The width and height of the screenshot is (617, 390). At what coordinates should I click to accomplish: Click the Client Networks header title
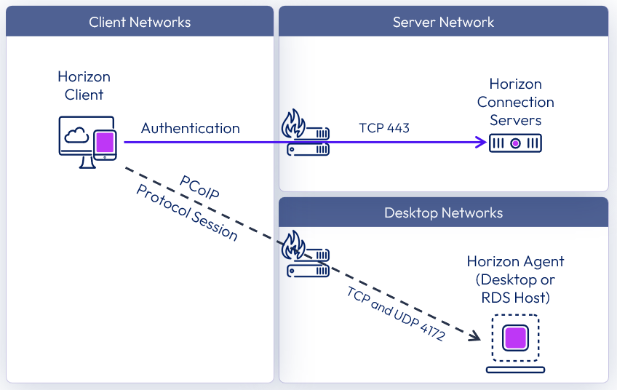pyautogui.click(x=140, y=22)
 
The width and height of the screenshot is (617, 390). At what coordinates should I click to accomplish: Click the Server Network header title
pyautogui.click(x=443, y=22)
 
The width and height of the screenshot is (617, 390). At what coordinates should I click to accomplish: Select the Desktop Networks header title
pyautogui.click(x=443, y=213)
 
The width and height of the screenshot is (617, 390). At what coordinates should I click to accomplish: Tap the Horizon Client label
pyautogui.click(x=84, y=86)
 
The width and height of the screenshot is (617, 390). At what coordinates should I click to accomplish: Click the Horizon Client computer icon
pyautogui.click(x=87, y=143)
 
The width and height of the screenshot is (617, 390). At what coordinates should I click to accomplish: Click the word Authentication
pyautogui.click(x=190, y=128)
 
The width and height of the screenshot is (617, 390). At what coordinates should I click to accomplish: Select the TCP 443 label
pyautogui.click(x=384, y=128)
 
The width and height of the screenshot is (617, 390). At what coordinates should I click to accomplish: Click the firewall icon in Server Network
pyautogui.click(x=306, y=133)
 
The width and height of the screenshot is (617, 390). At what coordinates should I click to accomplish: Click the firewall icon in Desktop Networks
pyautogui.click(x=306, y=254)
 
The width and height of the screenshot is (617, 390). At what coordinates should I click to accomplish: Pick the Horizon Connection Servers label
pyautogui.click(x=515, y=103)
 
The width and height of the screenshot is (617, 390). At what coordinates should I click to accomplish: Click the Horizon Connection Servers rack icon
pyautogui.click(x=515, y=143)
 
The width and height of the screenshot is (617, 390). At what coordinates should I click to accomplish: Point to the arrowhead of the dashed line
pyautogui.click(x=474, y=336)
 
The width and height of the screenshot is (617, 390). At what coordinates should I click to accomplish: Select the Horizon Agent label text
pyautogui.click(x=515, y=279)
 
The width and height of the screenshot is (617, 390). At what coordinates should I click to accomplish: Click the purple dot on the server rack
pyautogui.click(x=515, y=143)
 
